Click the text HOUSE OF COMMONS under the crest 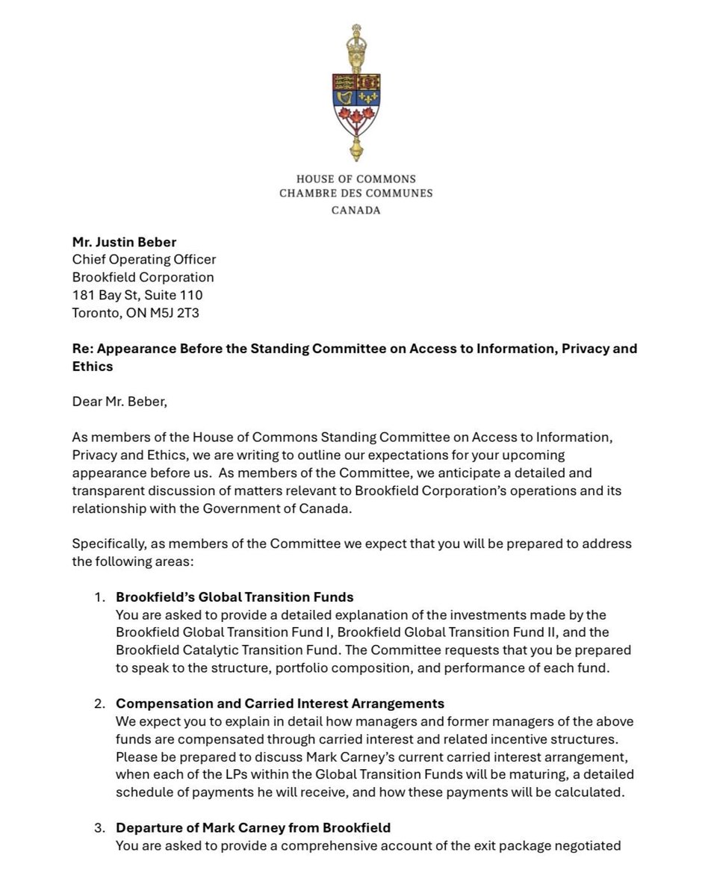click(x=356, y=179)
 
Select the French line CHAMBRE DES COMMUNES click(x=356, y=193)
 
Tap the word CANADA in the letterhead click(x=356, y=211)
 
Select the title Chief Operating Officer click(x=143, y=260)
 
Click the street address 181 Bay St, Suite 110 click(x=137, y=295)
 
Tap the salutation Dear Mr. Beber click(x=120, y=402)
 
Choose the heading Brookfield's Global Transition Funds click(x=235, y=597)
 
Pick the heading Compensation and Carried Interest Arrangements click(x=280, y=703)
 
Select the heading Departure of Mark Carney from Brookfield click(x=253, y=827)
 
